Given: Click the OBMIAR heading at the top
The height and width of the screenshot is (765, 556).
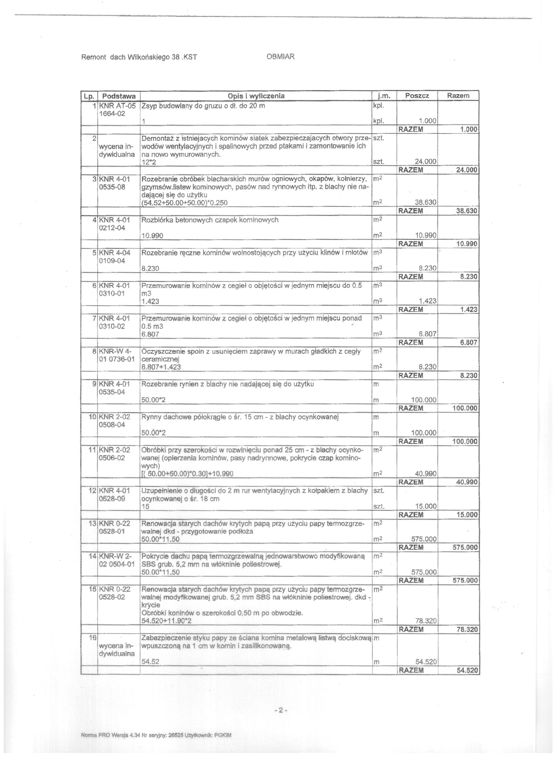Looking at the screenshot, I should point(280,57).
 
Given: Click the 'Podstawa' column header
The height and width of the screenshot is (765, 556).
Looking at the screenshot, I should point(119,96).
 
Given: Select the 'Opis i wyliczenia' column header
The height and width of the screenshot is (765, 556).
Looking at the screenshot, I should point(256,96).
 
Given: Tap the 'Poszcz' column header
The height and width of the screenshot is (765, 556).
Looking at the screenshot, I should point(417,96).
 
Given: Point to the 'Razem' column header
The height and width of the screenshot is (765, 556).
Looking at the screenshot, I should point(458,96).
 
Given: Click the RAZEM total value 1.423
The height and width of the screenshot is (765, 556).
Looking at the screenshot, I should point(469,309).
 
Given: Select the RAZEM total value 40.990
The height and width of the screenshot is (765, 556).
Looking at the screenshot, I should point(467,482).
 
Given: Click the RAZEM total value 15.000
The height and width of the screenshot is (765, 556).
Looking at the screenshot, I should point(467,515).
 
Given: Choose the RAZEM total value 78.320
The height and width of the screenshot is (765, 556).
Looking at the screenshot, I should point(467,630).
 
